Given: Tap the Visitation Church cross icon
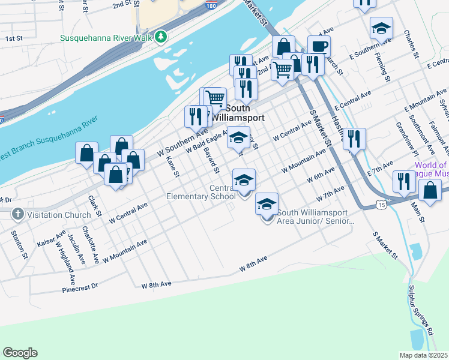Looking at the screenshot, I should click(x=18, y=213).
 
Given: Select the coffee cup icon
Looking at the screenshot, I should click(x=319, y=46).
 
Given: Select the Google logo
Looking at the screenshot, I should click(x=20, y=353).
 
